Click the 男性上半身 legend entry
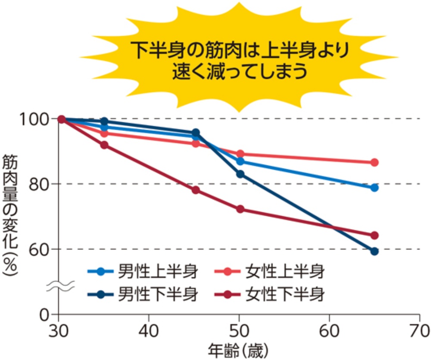click(x=142, y=272)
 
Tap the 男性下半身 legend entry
click(x=142, y=295)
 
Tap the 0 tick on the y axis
click(x=48, y=315)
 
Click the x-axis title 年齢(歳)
click(x=237, y=350)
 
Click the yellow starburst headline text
click(x=239, y=60)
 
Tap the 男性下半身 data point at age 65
click(x=374, y=251)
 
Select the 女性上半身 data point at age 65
click(x=374, y=162)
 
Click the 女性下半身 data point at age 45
click(x=195, y=190)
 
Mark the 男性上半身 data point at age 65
click(x=374, y=188)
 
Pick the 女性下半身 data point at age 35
click(x=104, y=145)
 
